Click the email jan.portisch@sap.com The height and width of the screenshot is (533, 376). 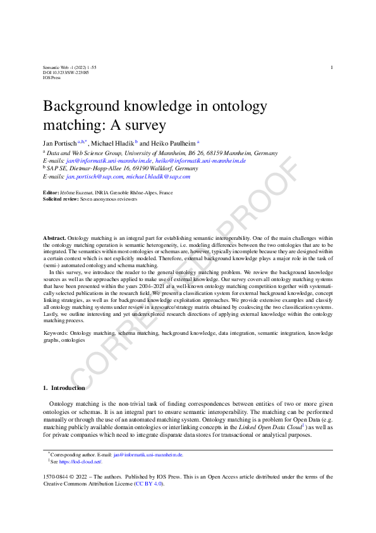click(x=94, y=177)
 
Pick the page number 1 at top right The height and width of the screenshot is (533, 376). click(x=332, y=67)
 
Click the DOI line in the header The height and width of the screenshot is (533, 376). click(x=65, y=73)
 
